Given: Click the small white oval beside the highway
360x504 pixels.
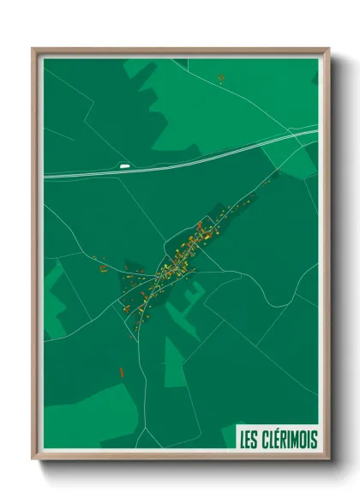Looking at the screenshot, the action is coord(125,165).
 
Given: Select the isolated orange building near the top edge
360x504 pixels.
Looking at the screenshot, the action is coord(221,78).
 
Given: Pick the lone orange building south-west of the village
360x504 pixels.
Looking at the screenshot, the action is coord(122,372).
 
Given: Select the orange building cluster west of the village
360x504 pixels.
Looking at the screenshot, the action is coord(103,267).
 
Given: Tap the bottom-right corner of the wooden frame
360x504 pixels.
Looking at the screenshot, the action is coord(327,458).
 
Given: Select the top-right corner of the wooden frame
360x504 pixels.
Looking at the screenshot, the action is coord(327,50).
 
